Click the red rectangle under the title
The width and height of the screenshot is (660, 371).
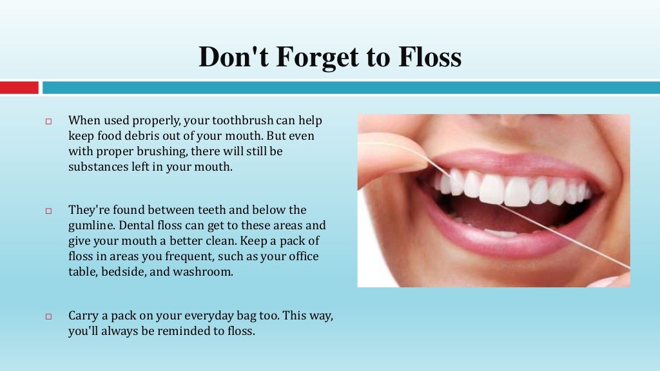[x=19, y=87]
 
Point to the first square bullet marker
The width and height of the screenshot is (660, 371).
[x=48, y=121]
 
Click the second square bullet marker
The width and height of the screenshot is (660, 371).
[x=48, y=211]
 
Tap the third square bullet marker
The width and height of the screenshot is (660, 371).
[x=48, y=317]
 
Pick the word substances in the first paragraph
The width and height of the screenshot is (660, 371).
[x=97, y=167]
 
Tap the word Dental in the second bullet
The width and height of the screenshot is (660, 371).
[x=143, y=225]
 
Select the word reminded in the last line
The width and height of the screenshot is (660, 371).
[x=180, y=332]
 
